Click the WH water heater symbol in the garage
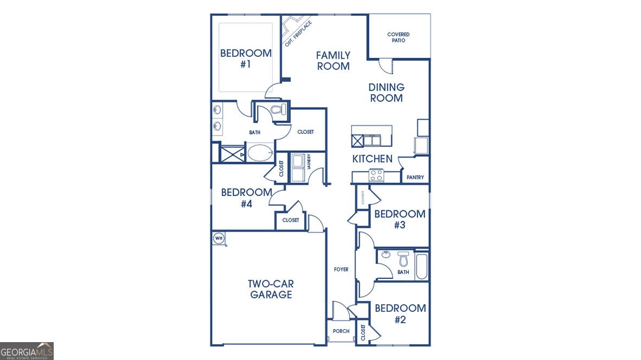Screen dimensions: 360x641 pyautogui.click(x=219, y=237)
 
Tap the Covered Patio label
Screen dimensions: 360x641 pyautogui.click(x=398, y=37)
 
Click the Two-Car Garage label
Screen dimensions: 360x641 pyautogui.click(x=271, y=289)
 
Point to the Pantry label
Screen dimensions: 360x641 pyautogui.click(x=415, y=177)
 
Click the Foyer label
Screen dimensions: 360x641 pyautogui.click(x=341, y=269)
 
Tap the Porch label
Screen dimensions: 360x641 pyautogui.click(x=341, y=331)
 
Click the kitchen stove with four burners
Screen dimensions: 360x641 pyautogui.click(x=376, y=175)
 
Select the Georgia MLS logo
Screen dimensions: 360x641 pyautogui.click(x=27, y=351)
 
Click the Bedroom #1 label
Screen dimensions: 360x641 pyautogui.click(x=246, y=59)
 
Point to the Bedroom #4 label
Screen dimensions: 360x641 pyautogui.click(x=246, y=198)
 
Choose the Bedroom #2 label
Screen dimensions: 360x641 pyautogui.click(x=400, y=314)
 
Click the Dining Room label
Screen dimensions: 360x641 pyautogui.click(x=386, y=93)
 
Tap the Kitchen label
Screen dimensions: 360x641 pyautogui.click(x=372, y=159)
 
